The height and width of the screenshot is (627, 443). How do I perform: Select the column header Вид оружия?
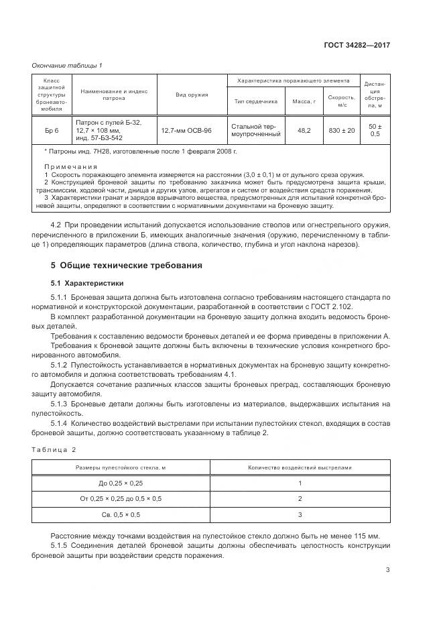(192, 95)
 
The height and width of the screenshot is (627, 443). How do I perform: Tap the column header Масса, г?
(304, 101)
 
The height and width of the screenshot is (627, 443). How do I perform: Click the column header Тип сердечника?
(255, 101)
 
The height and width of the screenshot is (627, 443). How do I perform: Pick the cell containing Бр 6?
(52, 130)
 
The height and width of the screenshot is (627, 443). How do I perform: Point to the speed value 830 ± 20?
(342, 130)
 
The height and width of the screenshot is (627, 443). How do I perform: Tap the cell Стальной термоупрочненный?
(255, 130)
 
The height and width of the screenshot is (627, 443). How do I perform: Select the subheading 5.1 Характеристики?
(87, 283)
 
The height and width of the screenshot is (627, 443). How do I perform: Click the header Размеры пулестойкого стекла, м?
(121, 467)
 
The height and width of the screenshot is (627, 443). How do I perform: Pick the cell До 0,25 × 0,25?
(121, 483)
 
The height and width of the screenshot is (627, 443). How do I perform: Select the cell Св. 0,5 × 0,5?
(121, 514)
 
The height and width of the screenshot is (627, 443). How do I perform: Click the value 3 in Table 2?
(300, 514)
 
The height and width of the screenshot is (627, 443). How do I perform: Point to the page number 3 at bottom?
(388, 571)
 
